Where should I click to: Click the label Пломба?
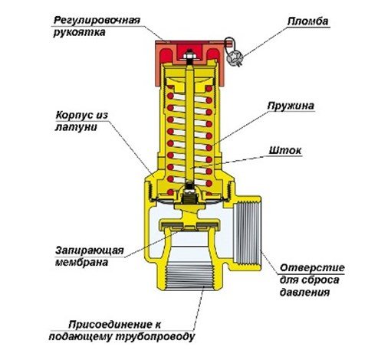[x=307, y=21]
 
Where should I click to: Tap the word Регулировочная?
[x=97, y=20]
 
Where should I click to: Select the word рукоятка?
[x=79, y=32]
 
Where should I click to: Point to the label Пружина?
[x=291, y=106]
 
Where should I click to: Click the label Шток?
[x=285, y=150]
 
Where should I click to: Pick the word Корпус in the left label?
[x=74, y=115]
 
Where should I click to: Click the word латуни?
[x=76, y=127]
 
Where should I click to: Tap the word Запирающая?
[x=90, y=250]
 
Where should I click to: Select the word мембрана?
[x=81, y=262]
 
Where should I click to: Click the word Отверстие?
[x=312, y=268]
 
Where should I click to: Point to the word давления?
[x=304, y=293]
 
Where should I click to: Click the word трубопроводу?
[x=155, y=337]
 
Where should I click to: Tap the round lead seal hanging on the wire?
[x=234, y=58]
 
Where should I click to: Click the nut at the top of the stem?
[x=189, y=55]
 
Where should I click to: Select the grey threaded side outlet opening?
[x=247, y=233]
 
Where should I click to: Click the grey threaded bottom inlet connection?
[x=190, y=275]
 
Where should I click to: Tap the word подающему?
[x=81, y=337]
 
